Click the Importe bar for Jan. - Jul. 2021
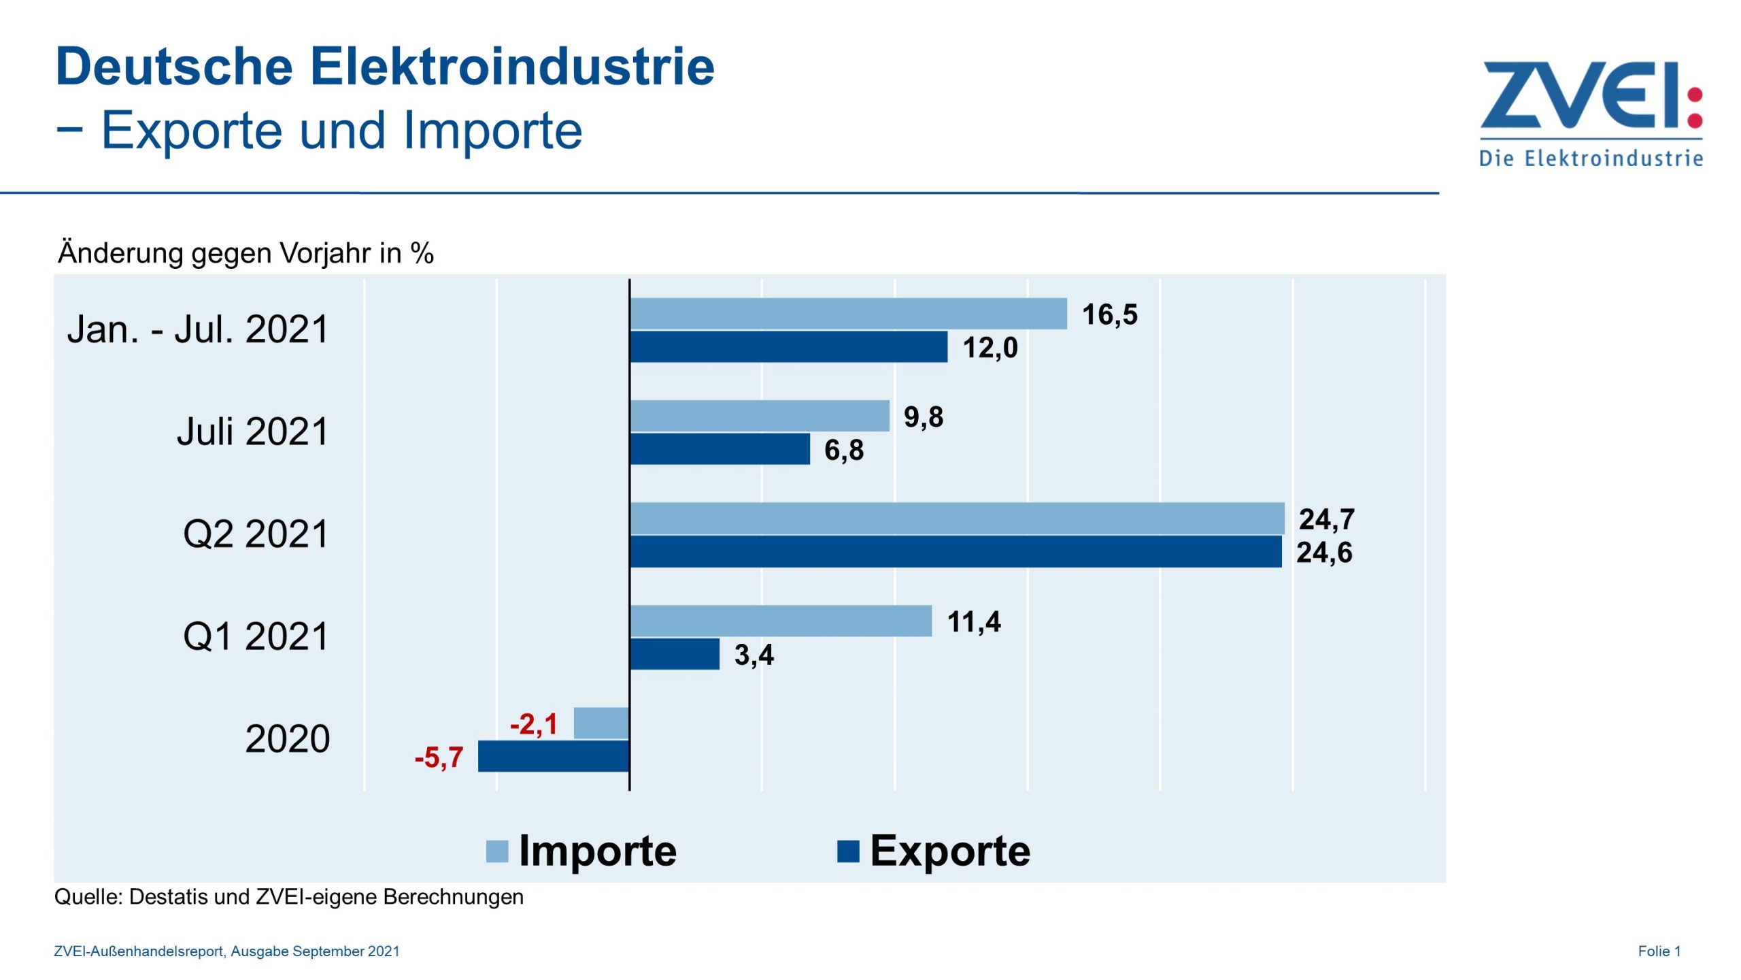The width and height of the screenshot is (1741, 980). (x=848, y=314)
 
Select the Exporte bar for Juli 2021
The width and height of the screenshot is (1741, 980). (x=720, y=449)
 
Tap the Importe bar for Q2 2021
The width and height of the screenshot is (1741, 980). (x=957, y=519)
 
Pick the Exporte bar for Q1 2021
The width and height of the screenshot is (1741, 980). (x=675, y=654)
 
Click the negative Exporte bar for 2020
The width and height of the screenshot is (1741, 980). (x=554, y=756)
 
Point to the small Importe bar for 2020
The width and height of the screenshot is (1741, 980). (x=601, y=723)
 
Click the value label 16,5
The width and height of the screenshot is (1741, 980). (x=1109, y=314)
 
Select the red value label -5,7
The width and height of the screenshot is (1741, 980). (x=439, y=757)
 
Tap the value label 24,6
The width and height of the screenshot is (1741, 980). (x=1324, y=553)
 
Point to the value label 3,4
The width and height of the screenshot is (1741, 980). (x=754, y=655)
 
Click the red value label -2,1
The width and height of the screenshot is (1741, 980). (x=534, y=724)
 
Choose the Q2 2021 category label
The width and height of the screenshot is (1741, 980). (x=256, y=534)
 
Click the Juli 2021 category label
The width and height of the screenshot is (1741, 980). (x=252, y=431)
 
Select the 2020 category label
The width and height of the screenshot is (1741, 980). (x=287, y=739)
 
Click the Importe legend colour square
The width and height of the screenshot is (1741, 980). (x=497, y=851)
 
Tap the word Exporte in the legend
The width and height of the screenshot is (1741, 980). (x=950, y=851)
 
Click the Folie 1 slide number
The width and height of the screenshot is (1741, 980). (x=1659, y=951)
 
